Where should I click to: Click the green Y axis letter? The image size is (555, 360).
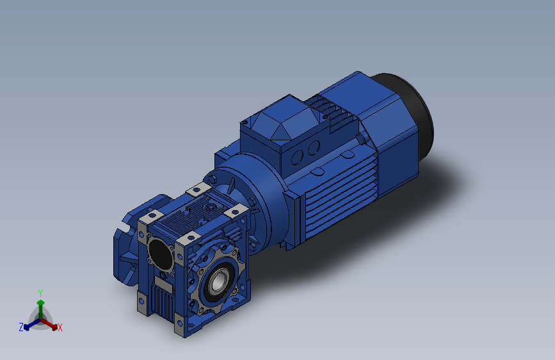tap(40, 293)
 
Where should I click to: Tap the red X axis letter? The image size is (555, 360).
tap(60, 327)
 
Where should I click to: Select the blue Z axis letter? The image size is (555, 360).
tap(21, 327)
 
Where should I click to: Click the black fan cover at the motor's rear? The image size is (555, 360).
tap(410, 113)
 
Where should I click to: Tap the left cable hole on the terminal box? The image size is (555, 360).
tap(297, 158)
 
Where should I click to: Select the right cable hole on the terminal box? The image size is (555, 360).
tap(314, 148)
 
